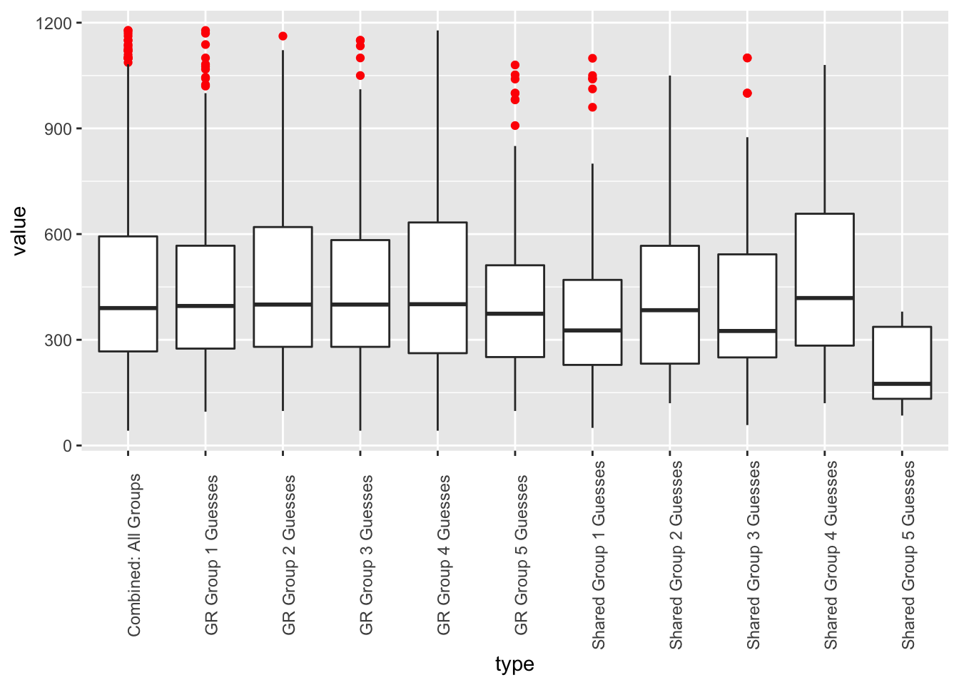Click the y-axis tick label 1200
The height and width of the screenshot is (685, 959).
click(54, 24)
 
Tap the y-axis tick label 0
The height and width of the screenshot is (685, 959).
click(67, 446)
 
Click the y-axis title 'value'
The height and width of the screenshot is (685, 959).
click(19, 230)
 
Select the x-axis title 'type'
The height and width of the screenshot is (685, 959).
click(514, 664)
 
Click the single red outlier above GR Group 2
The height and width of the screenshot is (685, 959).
click(283, 36)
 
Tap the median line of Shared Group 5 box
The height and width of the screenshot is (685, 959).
click(902, 384)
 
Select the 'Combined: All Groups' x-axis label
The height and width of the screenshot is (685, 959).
click(134, 555)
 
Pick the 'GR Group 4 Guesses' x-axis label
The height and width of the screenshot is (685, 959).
click(444, 555)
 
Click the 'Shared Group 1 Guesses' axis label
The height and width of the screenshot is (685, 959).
click(599, 555)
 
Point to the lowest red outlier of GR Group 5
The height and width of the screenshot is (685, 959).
click(515, 126)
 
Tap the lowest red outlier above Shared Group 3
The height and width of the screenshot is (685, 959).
click(747, 93)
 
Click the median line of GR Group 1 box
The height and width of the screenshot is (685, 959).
click(205, 306)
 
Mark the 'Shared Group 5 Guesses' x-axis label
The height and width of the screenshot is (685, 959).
click(908, 555)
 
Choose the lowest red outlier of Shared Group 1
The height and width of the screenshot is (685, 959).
click(592, 108)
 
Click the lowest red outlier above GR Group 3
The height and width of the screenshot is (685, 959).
click(360, 76)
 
